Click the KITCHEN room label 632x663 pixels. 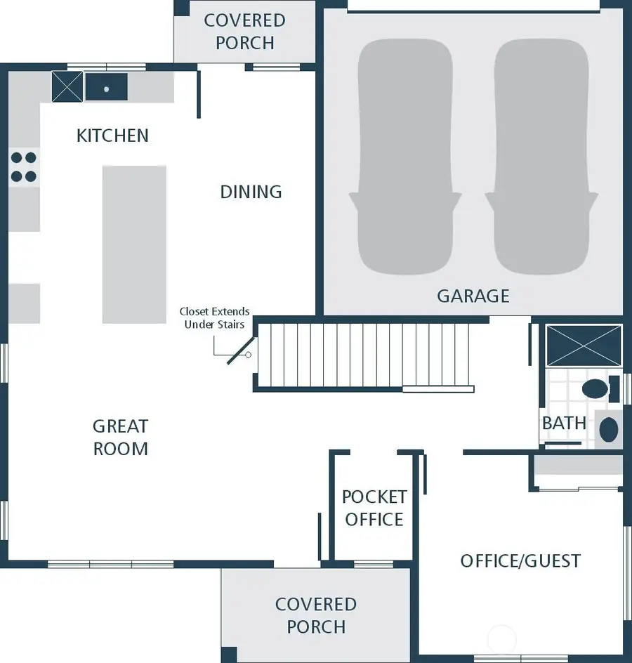[112, 135]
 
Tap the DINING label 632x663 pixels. [251, 192]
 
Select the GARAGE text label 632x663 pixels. [473, 296]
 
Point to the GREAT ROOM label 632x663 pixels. [120, 437]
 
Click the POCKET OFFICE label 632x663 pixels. [374, 508]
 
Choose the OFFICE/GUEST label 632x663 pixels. [520, 560]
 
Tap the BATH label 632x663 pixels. [564, 423]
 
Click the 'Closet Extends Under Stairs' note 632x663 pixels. [214, 318]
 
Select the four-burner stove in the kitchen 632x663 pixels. [23, 166]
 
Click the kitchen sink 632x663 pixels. [106, 87]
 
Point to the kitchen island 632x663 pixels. [134, 244]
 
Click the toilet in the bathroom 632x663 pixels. [598, 388]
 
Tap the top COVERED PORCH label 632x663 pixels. [244, 32]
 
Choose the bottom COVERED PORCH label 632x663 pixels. [315, 615]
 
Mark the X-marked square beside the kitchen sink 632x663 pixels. [67, 87]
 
